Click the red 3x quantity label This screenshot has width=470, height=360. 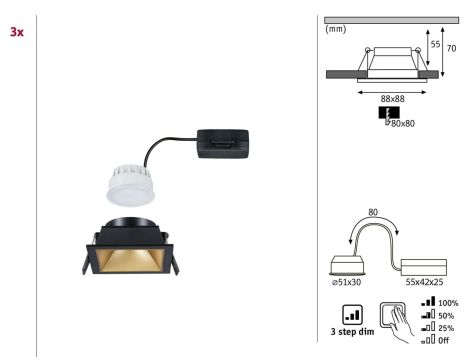17,32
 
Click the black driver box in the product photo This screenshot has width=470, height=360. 223,144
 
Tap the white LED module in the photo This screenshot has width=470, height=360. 131,184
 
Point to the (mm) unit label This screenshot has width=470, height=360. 336,29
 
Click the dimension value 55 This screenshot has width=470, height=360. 435,44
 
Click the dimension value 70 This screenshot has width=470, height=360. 451,48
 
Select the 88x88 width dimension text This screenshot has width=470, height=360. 392,99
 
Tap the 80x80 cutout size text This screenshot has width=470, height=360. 403,123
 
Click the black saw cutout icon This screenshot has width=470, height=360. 389,113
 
